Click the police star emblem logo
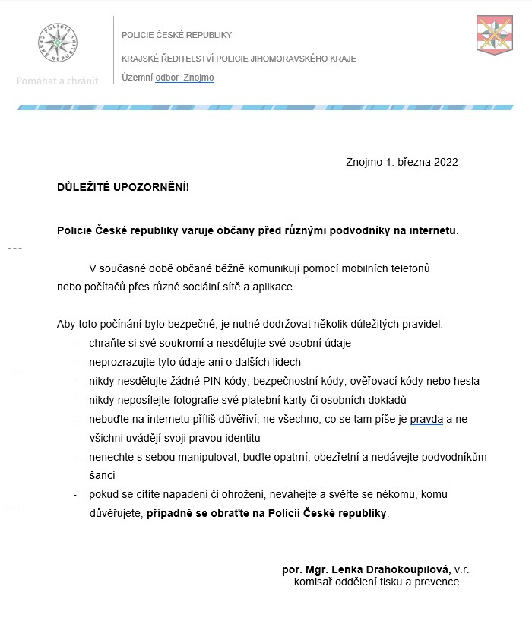point(58,43)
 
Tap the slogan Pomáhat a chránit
point(58,81)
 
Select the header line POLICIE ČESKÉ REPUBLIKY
point(176,35)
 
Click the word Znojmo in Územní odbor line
point(198,78)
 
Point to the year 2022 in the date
point(445,162)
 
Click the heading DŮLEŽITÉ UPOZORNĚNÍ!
point(122,188)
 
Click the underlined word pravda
point(426,419)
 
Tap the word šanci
point(103,475)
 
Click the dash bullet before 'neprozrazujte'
point(75,362)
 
